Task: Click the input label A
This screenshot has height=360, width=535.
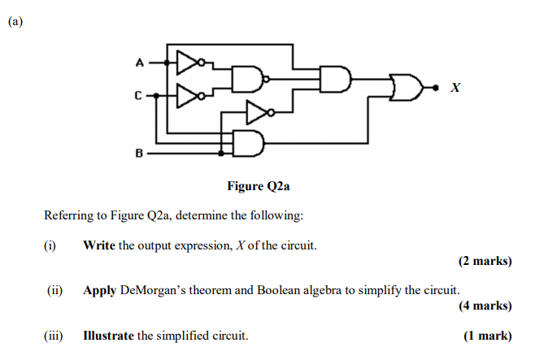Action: pyautogui.click(x=139, y=62)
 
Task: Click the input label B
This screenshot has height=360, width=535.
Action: pyautogui.click(x=139, y=152)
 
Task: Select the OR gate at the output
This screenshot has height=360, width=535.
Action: pyautogui.click(x=405, y=86)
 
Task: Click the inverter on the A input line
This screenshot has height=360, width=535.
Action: pyautogui.click(x=189, y=62)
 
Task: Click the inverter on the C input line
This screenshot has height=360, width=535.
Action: pyautogui.click(x=189, y=96)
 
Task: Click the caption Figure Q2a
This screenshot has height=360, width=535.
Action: pyautogui.click(x=259, y=186)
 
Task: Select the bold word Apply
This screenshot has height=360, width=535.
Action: pyautogui.click(x=100, y=290)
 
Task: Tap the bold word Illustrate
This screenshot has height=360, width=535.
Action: pyautogui.click(x=108, y=336)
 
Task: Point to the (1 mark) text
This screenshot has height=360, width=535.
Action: pyautogui.click(x=488, y=336)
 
